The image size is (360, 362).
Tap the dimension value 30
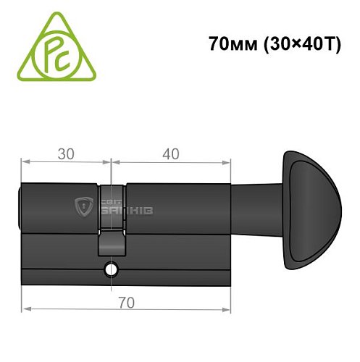(66, 154)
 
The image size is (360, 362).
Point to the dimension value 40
(171, 154)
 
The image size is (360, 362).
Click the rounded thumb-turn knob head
(311, 210)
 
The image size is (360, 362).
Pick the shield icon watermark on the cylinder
(85, 208)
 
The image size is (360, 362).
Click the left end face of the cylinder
(22, 210)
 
